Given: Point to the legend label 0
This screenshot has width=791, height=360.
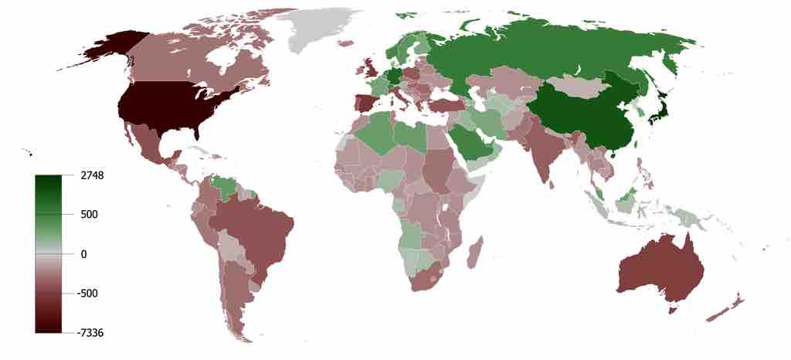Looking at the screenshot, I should [x=83, y=254].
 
